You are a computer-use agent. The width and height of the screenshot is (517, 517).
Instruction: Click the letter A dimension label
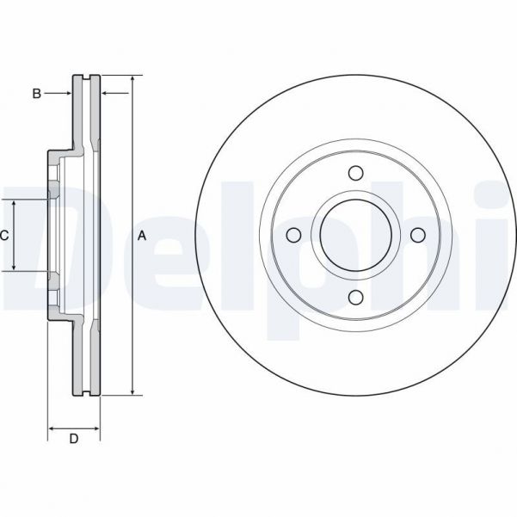click(x=142, y=236)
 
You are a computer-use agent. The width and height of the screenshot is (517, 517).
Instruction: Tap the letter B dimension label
click(x=36, y=93)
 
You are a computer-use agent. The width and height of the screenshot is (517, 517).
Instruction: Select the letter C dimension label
click(x=4, y=235)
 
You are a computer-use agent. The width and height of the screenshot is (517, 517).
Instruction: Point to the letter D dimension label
click(x=74, y=440)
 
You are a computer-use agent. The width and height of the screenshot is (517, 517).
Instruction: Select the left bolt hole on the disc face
click(x=293, y=236)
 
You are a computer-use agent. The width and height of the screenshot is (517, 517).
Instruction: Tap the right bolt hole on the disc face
click(x=417, y=236)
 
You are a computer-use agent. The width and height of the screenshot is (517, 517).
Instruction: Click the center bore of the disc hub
click(x=355, y=236)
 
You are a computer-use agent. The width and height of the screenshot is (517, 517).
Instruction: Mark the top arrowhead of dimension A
click(x=132, y=80)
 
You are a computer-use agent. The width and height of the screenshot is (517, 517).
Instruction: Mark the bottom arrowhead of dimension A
click(x=132, y=391)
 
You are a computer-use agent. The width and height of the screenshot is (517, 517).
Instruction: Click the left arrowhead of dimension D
click(x=51, y=428)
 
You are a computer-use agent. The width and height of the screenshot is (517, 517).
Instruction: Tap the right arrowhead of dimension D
click(x=96, y=428)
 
